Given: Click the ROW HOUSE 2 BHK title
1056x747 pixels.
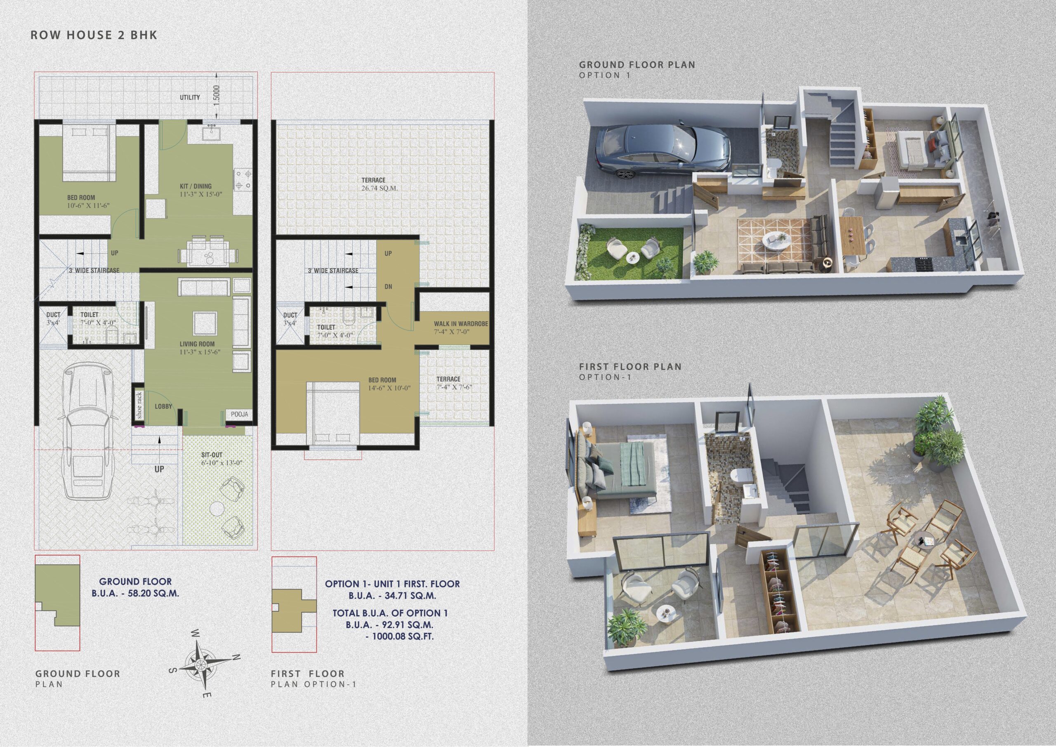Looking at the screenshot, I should [94, 35].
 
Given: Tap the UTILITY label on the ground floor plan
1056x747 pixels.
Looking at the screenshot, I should [189, 97].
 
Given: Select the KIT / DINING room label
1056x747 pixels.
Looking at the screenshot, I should [196, 186].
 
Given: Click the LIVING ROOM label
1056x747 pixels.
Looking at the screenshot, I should [197, 344].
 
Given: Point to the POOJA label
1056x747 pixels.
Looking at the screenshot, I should [239, 414].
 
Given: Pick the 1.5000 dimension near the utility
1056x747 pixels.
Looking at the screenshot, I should [217, 96].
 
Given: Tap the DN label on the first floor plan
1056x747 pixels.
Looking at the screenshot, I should [388, 287].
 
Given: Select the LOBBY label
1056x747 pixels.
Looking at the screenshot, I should [163, 407].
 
